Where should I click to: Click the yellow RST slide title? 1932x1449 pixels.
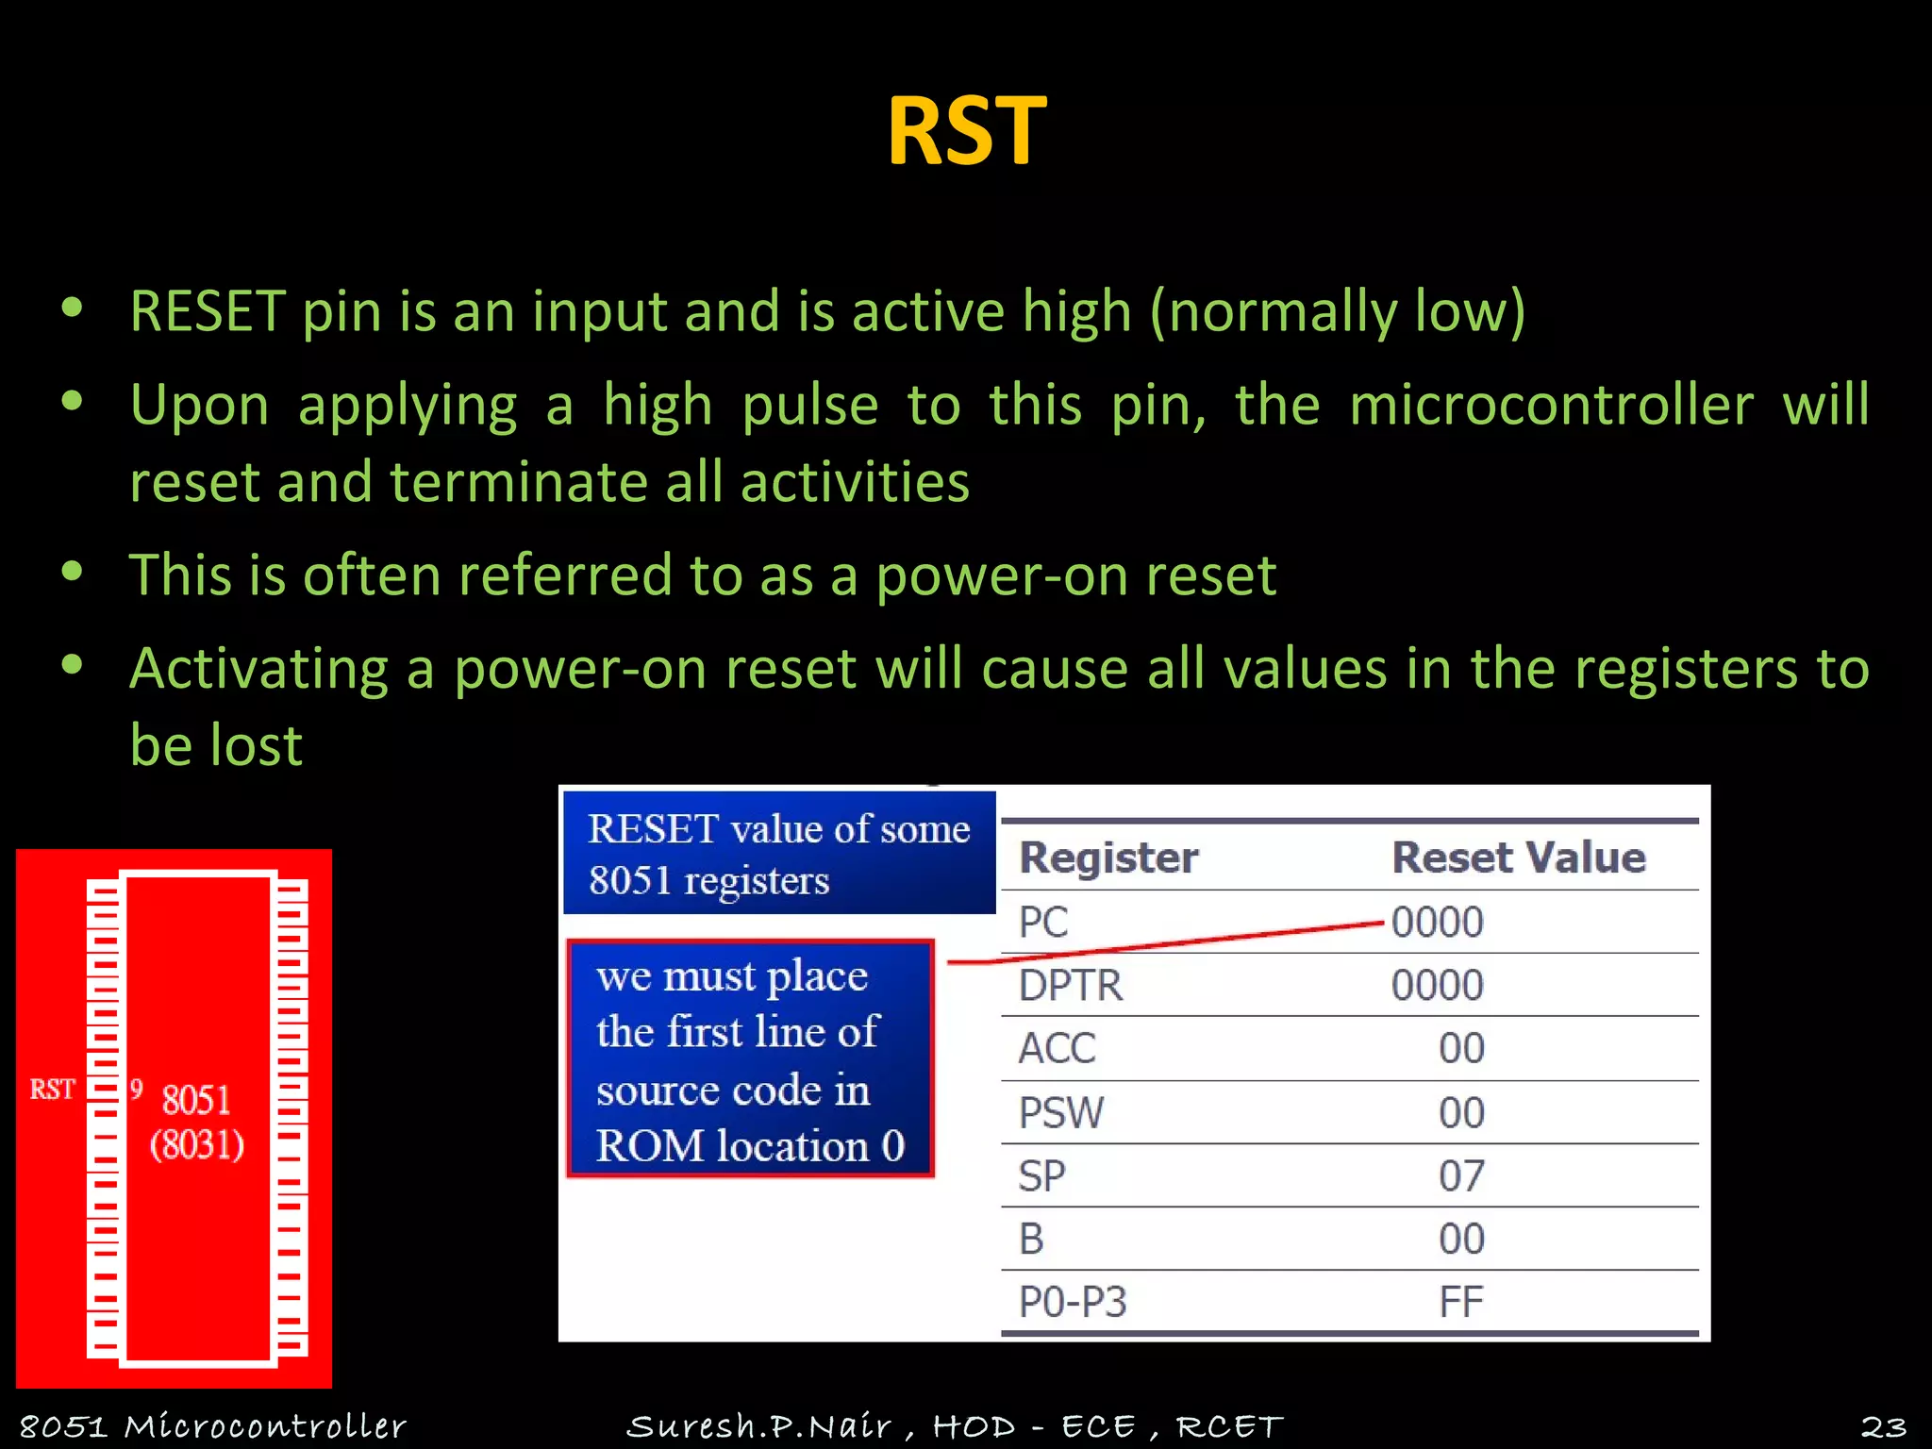(x=966, y=131)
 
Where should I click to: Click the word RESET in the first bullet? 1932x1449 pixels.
(x=208, y=311)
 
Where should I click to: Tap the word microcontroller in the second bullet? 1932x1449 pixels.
(x=1551, y=406)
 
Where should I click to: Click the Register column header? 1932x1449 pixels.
(x=1108, y=858)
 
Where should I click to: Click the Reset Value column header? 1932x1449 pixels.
(x=1518, y=858)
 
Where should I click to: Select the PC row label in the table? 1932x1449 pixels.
(x=1043, y=922)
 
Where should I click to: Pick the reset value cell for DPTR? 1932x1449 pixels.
(x=1437, y=985)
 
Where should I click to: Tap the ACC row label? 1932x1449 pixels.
(x=1057, y=1048)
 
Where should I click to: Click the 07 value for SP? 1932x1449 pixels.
(x=1461, y=1175)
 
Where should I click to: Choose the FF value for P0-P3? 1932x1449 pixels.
(x=1461, y=1302)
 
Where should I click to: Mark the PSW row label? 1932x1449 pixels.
(x=1060, y=1112)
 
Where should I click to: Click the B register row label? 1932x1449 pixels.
(x=1031, y=1239)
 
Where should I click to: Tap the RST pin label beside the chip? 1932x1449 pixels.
(x=52, y=1090)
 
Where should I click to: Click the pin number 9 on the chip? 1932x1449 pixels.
(x=137, y=1090)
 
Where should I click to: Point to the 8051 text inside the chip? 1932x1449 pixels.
(x=196, y=1100)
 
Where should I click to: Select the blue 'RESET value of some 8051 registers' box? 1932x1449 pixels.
(x=779, y=854)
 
